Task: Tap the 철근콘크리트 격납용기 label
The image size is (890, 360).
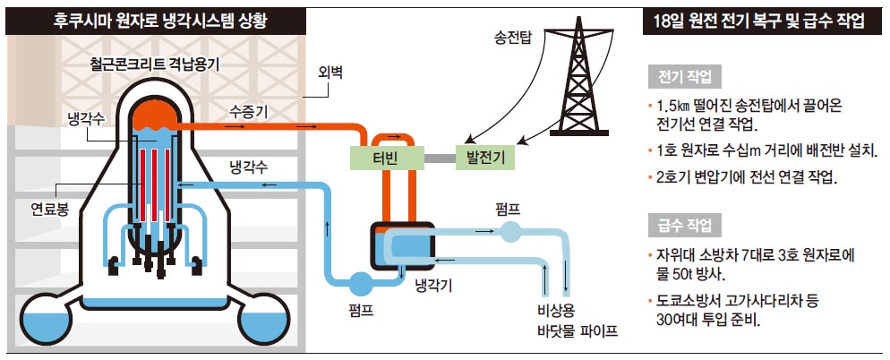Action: (x=155, y=64)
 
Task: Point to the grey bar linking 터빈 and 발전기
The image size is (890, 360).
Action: (x=438, y=159)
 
